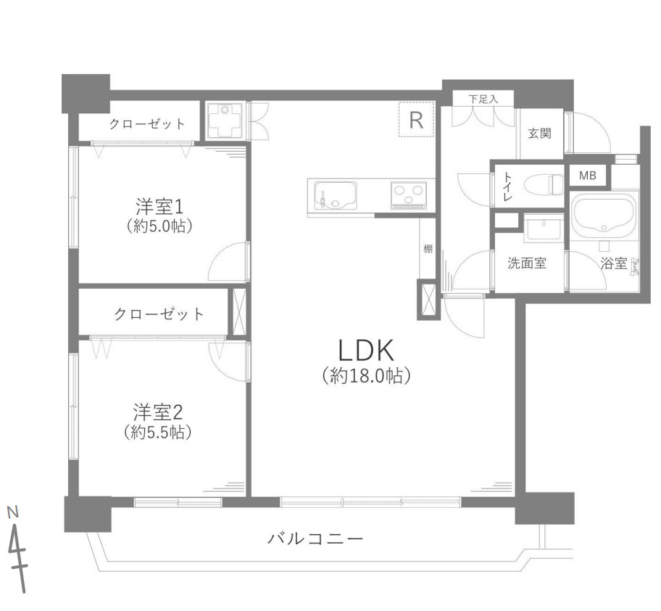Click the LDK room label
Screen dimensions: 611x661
point(366,350)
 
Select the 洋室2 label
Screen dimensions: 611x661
point(158,412)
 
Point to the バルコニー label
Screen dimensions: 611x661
point(315,539)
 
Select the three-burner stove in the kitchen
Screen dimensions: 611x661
point(409,194)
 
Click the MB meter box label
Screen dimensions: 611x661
point(587,176)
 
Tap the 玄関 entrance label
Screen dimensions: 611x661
point(539,134)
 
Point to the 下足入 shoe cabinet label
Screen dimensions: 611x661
point(483,98)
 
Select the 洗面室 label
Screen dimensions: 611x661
point(526,263)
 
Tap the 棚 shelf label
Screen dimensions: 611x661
point(428,249)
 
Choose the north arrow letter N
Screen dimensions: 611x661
point(12,512)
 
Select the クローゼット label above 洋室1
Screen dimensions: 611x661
point(147,124)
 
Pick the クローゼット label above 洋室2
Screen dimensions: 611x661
point(159,314)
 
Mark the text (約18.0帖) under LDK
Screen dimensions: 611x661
point(366,376)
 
